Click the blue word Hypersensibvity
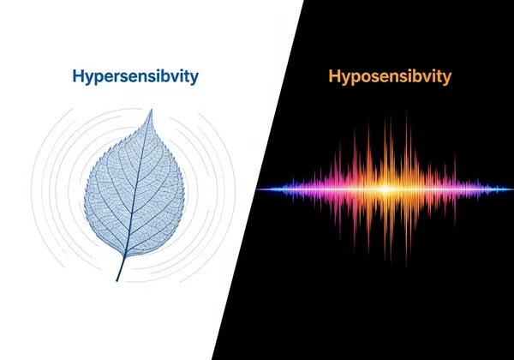click(x=136, y=77)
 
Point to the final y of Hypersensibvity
click(x=194, y=79)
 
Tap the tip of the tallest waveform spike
click(x=391, y=114)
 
